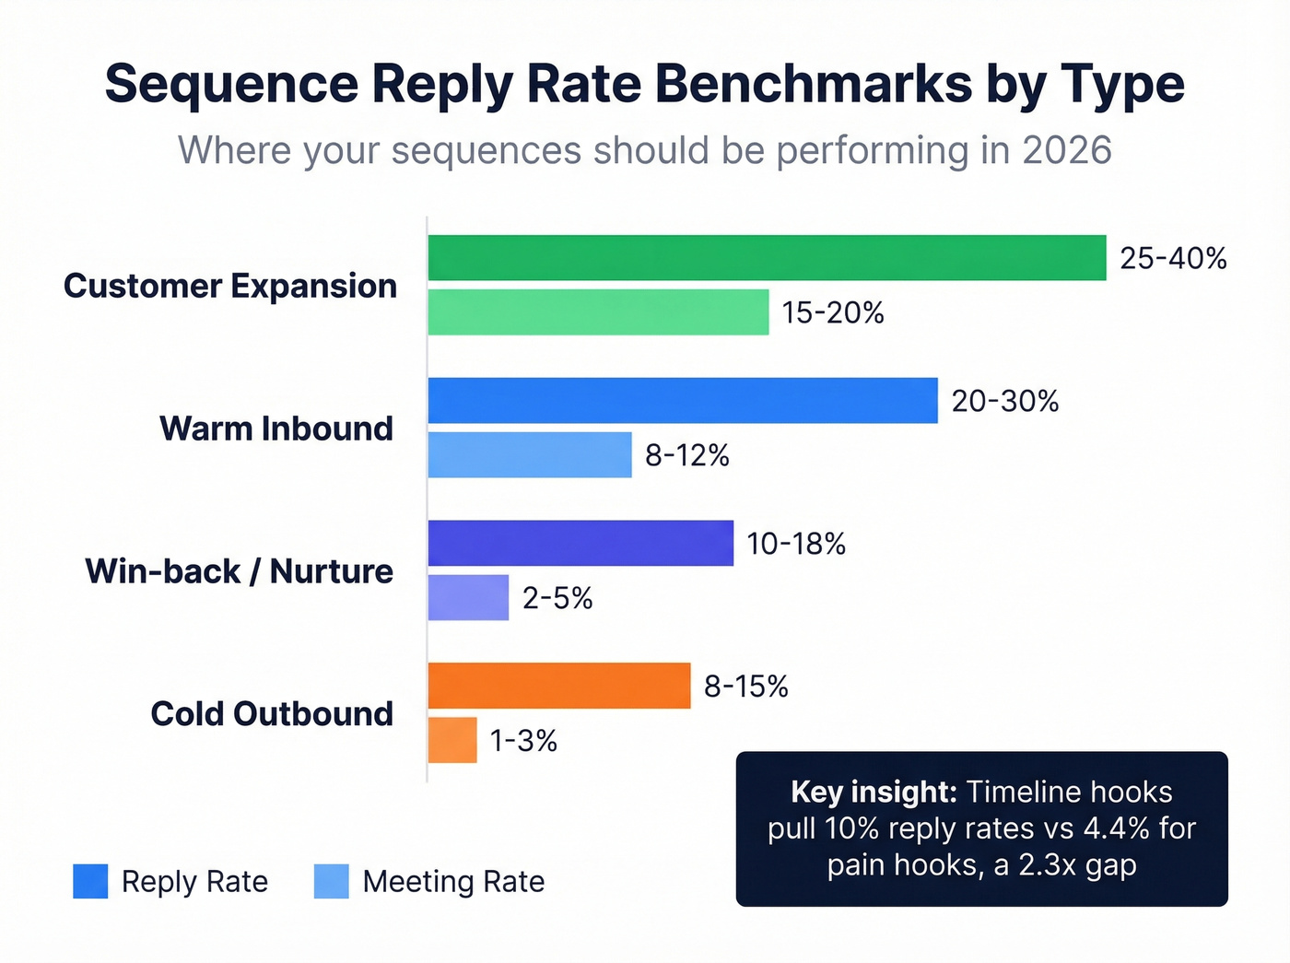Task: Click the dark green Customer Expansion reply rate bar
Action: click(x=767, y=258)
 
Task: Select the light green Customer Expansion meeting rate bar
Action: click(x=598, y=312)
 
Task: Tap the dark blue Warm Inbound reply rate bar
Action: click(x=683, y=401)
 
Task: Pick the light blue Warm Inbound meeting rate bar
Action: click(x=530, y=455)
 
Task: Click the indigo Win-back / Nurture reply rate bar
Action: click(x=580, y=544)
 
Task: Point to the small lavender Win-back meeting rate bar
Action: click(x=468, y=598)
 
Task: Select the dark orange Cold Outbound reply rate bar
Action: click(x=559, y=686)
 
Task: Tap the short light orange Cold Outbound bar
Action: click(x=452, y=740)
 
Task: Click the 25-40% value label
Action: click(x=1173, y=258)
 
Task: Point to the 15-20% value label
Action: click(x=833, y=313)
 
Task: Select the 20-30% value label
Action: click(x=1004, y=401)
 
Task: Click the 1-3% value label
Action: click(x=523, y=741)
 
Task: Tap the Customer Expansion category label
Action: click(x=230, y=286)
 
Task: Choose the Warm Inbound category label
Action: click(x=276, y=429)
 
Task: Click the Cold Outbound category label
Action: click(x=272, y=714)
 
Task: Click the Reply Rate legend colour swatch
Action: click(x=90, y=881)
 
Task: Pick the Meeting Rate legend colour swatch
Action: click(x=332, y=881)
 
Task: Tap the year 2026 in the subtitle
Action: click(x=1066, y=150)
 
